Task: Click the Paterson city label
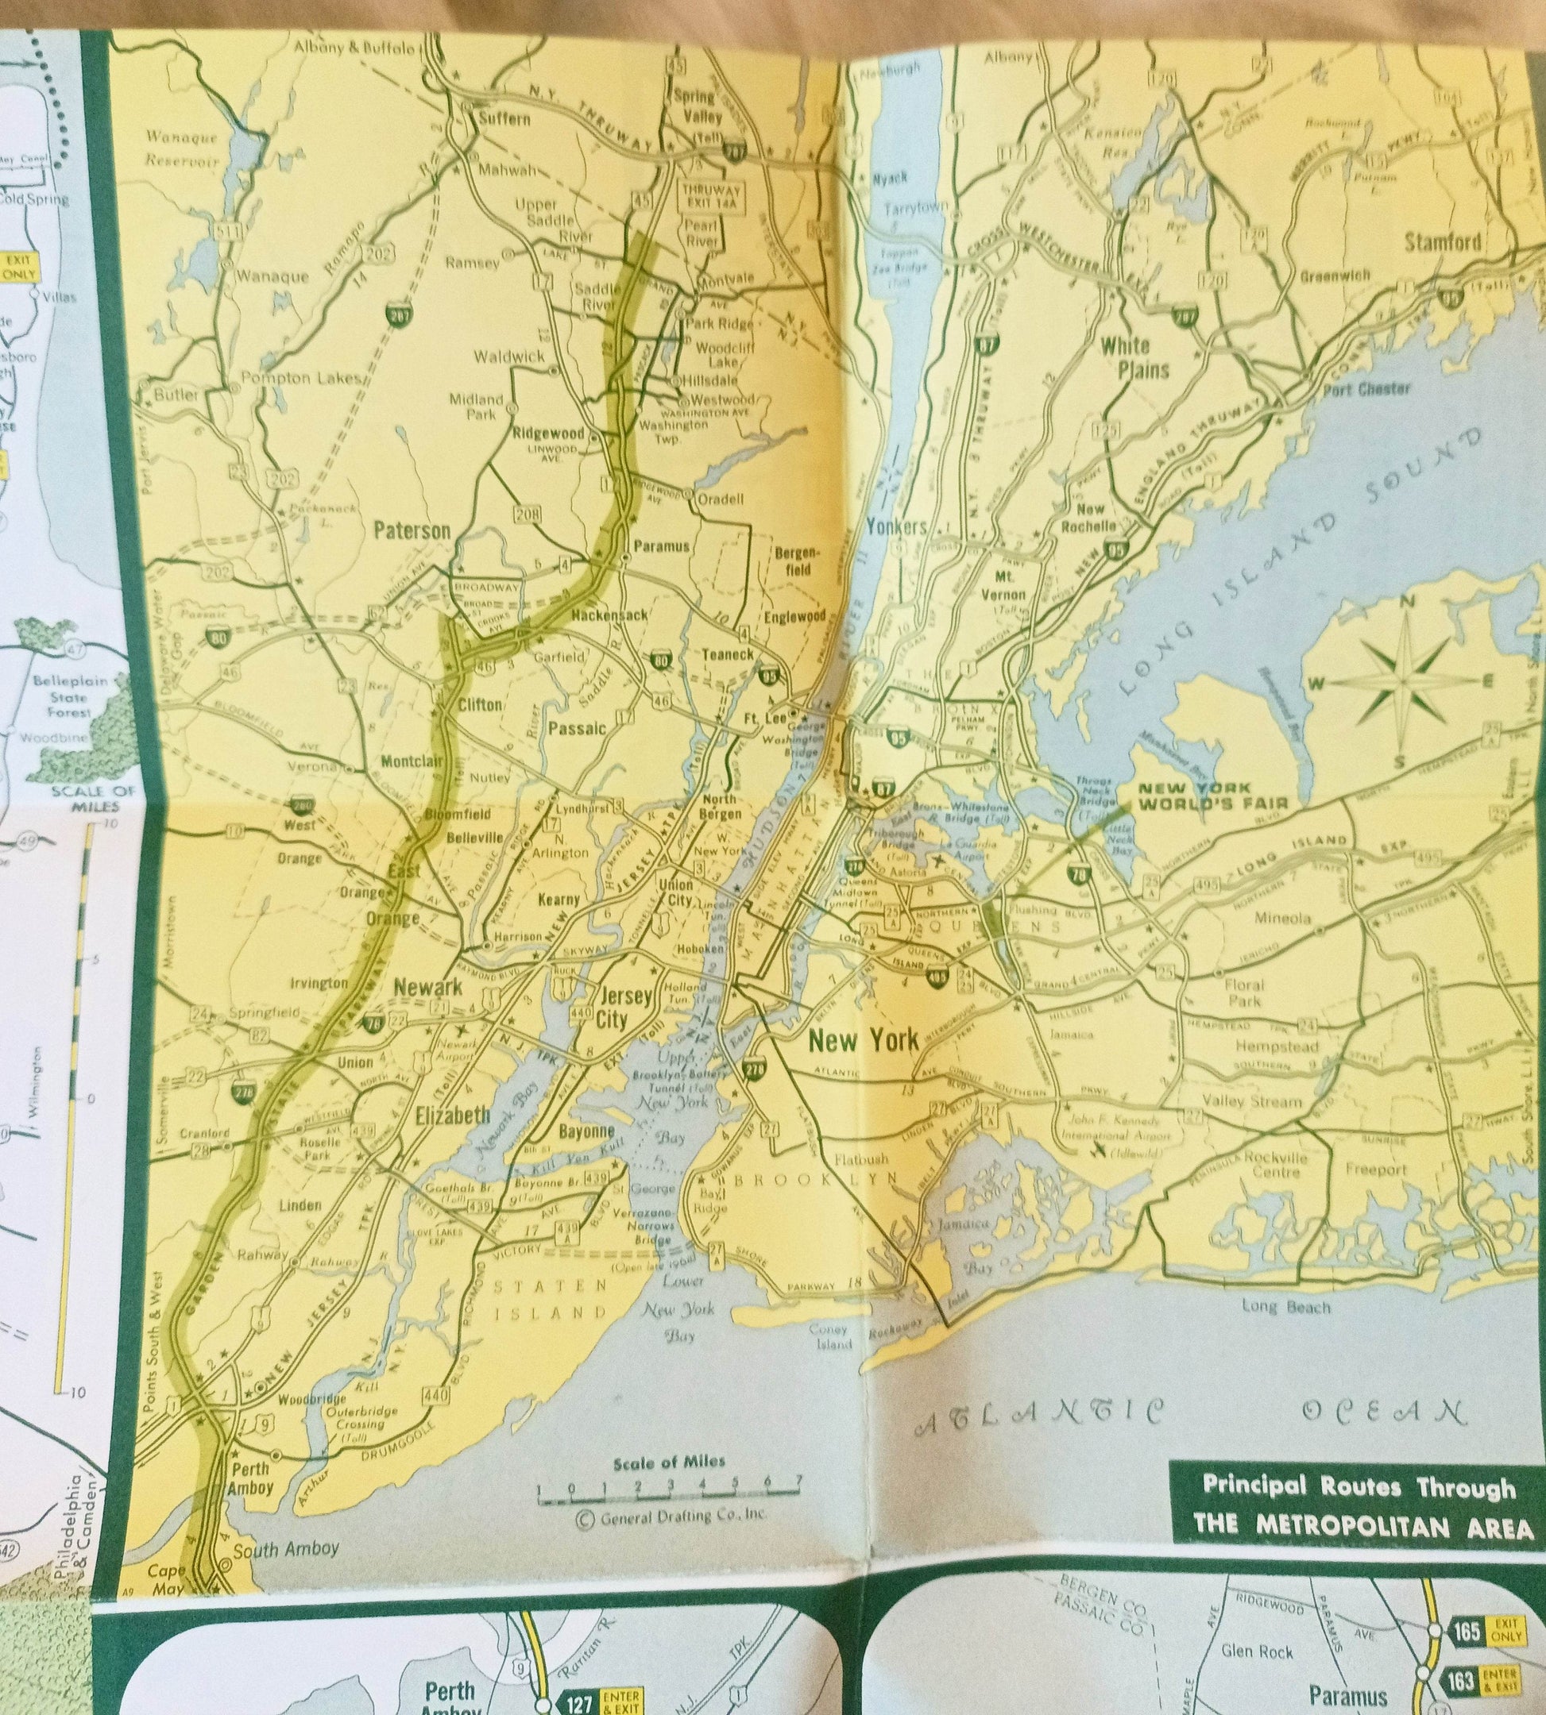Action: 412,531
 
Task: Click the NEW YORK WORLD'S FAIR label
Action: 1213,796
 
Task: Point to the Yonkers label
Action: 895,526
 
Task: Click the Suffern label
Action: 504,119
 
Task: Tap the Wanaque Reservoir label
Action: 182,148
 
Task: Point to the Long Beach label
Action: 1286,1307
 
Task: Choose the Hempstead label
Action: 1277,1046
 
